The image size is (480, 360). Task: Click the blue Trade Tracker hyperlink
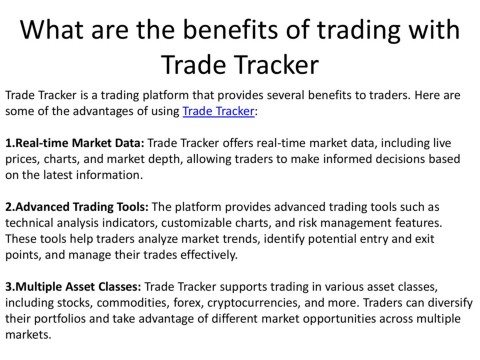pos(218,111)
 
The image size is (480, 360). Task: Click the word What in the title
pos(52,29)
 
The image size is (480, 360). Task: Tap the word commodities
pos(133,303)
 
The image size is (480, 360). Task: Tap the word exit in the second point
pos(424,239)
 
